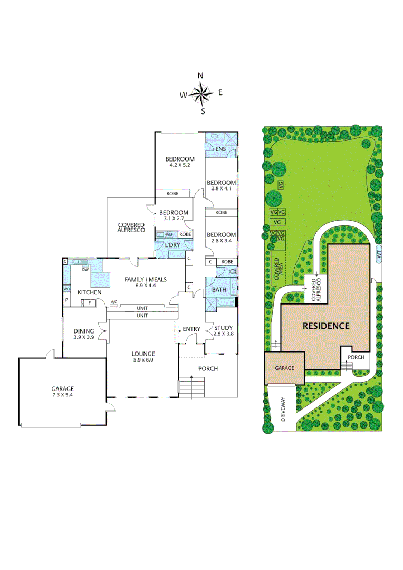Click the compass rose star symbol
click(200, 94)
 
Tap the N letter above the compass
click(200, 76)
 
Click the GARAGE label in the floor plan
click(62, 389)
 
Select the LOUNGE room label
click(143, 354)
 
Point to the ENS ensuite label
click(220, 149)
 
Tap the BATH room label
click(219, 290)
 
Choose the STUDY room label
click(223, 328)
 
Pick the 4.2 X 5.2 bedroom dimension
click(180, 166)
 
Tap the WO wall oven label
click(66, 289)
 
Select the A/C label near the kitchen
click(113, 302)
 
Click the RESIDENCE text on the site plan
click(325, 326)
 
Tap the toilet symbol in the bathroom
click(233, 271)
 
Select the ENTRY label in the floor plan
click(191, 329)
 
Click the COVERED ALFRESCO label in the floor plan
click(131, 227)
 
